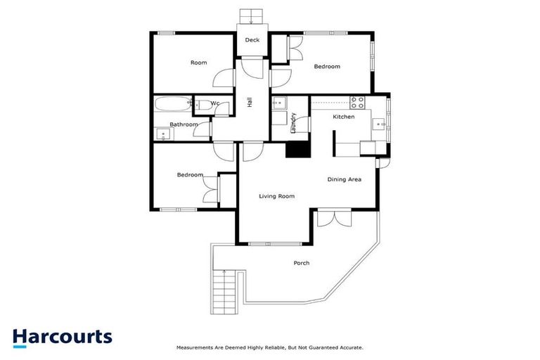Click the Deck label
pos(252,40)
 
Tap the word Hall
pos(250,102)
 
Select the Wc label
pos(216,104)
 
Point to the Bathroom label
pos(184,124)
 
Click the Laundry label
pos(293,123)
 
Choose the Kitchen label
pos(343,117)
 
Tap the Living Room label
pos(276,196)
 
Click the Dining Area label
pos(344,180)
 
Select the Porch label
pos(301,263)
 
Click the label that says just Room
pos(199,63)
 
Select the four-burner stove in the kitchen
pos(358,101)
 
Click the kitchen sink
pos(380,125)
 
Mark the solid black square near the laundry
pos(298,149)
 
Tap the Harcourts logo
pos(63,336)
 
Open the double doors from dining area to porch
pos(333,218)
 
